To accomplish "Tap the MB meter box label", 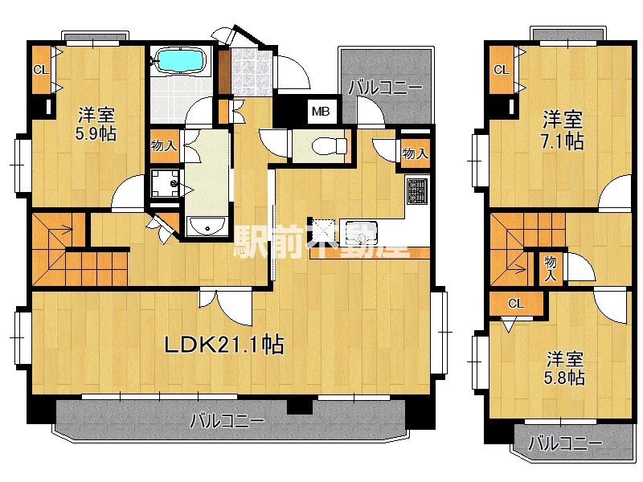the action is [x=321, y=111].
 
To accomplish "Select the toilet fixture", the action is [x=330, y=145].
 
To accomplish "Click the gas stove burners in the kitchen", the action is [x=417, y=191].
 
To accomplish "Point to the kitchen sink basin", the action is [x=361, y=233].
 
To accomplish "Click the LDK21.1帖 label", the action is [x=224, y=345].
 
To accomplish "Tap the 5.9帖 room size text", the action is [x=96, y=134].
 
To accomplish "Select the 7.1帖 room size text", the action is [x=562, y=141].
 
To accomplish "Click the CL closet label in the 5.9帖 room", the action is [x=41, y=70].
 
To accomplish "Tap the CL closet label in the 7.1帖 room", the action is [x=501, y=70].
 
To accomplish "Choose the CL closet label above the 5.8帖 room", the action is [x=516, y=304].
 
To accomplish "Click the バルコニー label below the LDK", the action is [x=227, y=421].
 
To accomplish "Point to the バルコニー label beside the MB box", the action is [x=385, y=88].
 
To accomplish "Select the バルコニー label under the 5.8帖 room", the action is [x=565, y=443].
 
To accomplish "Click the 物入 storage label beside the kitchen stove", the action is [x=416, y=153].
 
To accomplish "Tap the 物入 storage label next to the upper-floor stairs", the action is [x=551, y=268].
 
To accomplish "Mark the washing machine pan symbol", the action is [x=165, y=184].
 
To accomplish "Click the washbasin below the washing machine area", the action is [x=206, y=227].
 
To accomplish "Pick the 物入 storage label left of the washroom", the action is [x=164, y=145].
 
